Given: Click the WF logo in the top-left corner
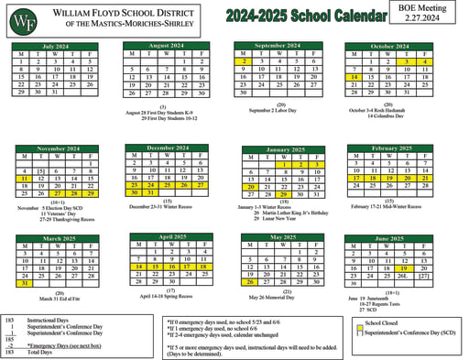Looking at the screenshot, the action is point(29,19).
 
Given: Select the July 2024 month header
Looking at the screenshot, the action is point(56,45).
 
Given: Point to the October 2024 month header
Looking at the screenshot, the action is point(389,45).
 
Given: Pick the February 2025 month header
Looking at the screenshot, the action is point(391,148).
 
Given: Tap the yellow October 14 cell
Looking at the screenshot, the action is point(354,77).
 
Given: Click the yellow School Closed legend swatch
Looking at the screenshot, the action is point(358,323).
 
